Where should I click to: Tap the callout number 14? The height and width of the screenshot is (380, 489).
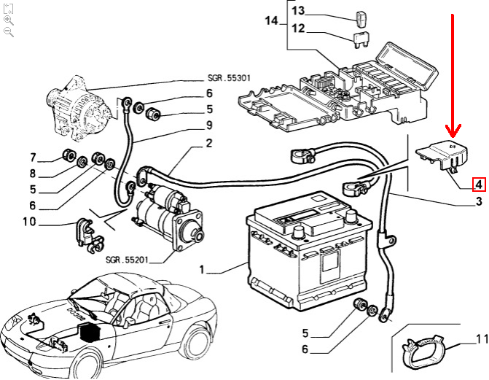(272, 21)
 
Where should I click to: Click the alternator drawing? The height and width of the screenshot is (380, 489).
(77, 102)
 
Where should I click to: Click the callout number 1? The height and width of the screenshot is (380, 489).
(202, 270)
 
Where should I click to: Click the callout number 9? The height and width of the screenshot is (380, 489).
(208, 125)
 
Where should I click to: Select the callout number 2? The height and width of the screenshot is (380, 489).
(208, 144)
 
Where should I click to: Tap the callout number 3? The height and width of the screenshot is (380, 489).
(479, 201)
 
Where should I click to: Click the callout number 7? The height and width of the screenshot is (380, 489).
(32, 157)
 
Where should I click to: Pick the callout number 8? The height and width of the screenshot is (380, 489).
(32, 174)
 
